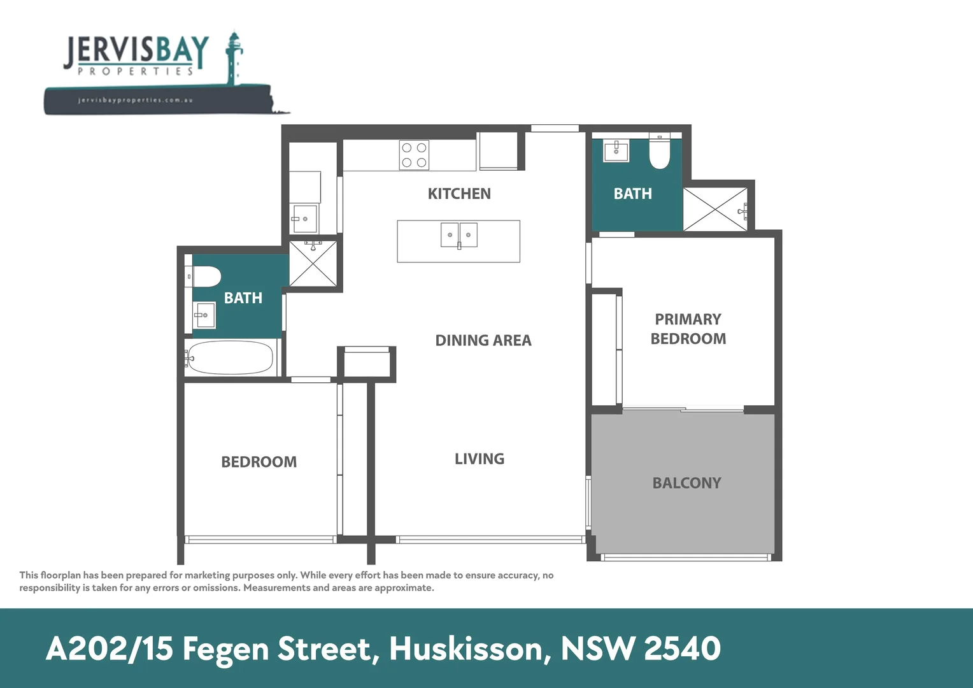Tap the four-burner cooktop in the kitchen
(x=414, y=155)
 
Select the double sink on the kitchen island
(x=459, y=235)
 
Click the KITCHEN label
(x=459, y=194)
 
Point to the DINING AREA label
(x=483, y=341)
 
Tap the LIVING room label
(x=479, y=459)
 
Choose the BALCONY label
(x=686, y=483)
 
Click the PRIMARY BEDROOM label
(x=688, y=329)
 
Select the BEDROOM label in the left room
(x=259, y=462)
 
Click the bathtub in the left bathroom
(x=231, y=359)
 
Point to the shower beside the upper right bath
(x=716, y=209)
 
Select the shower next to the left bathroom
(x=313, y=263)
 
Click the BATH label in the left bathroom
(x=243, y=298)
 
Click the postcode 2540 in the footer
(x=682, y=649)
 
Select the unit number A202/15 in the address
(x=110, y=649)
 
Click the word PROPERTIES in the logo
(x=135, y=71)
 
